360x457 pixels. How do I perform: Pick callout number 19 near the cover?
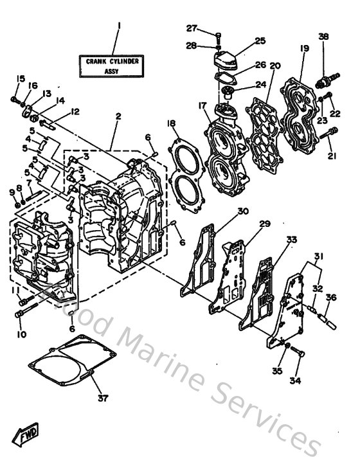305,49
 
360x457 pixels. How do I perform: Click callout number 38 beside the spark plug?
323,37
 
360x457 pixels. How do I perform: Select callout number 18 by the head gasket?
171,123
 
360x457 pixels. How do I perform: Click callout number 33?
292,239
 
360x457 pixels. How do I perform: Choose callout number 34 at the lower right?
295,381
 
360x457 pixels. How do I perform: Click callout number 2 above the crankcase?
118,116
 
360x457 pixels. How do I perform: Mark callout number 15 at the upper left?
20,79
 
